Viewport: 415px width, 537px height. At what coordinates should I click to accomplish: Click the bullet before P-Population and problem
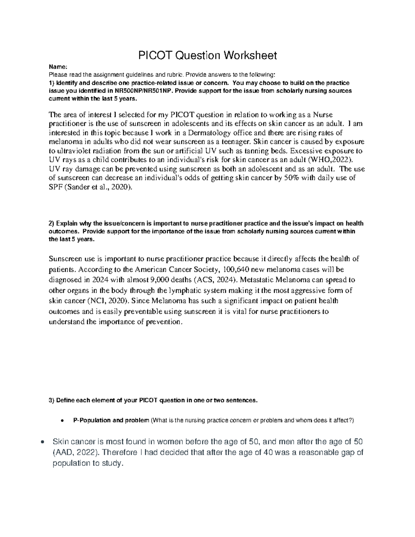point(61,421)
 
